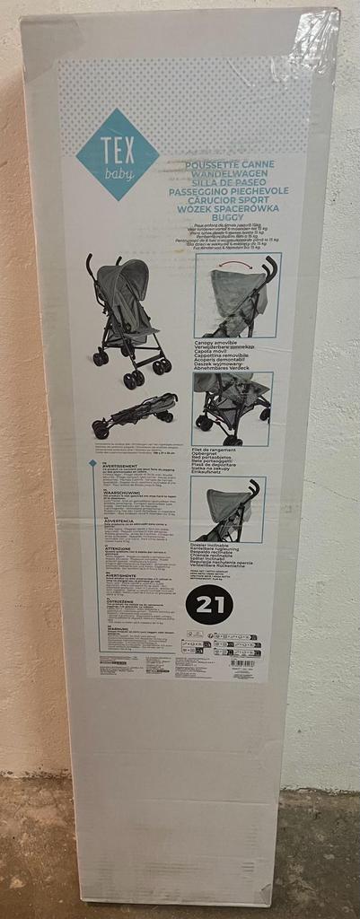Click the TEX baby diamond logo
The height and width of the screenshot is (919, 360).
coord(118,154)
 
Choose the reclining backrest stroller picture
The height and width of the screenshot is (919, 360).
coord(227,508)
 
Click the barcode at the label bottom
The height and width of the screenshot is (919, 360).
coord(242,663)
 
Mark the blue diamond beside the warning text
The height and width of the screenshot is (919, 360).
coord(92,463)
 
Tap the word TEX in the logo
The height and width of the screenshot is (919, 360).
coord(118,145)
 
